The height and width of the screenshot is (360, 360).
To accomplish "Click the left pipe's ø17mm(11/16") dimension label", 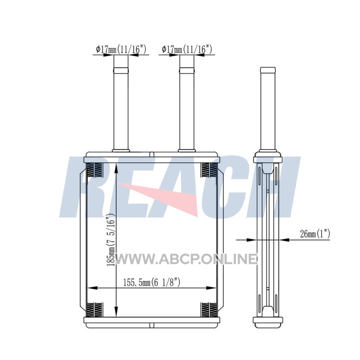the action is tap(121, 49).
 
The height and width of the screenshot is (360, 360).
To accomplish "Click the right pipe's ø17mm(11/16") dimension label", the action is tap(187, 49).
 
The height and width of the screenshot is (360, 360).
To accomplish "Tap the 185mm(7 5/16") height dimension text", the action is tap(110, 240).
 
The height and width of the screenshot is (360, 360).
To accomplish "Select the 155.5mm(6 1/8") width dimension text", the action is tap(152, 283).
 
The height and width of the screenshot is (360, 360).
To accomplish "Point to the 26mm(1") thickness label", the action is tap(315, 234).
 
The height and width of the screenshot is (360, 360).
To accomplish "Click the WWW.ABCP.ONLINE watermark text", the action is tap(186, 259).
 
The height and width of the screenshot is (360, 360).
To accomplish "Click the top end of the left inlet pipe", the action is tap(121, 68).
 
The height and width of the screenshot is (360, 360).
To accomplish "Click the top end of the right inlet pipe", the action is tap(187, 68).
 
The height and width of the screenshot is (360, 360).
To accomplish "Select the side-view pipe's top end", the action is tap(268, 68).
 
